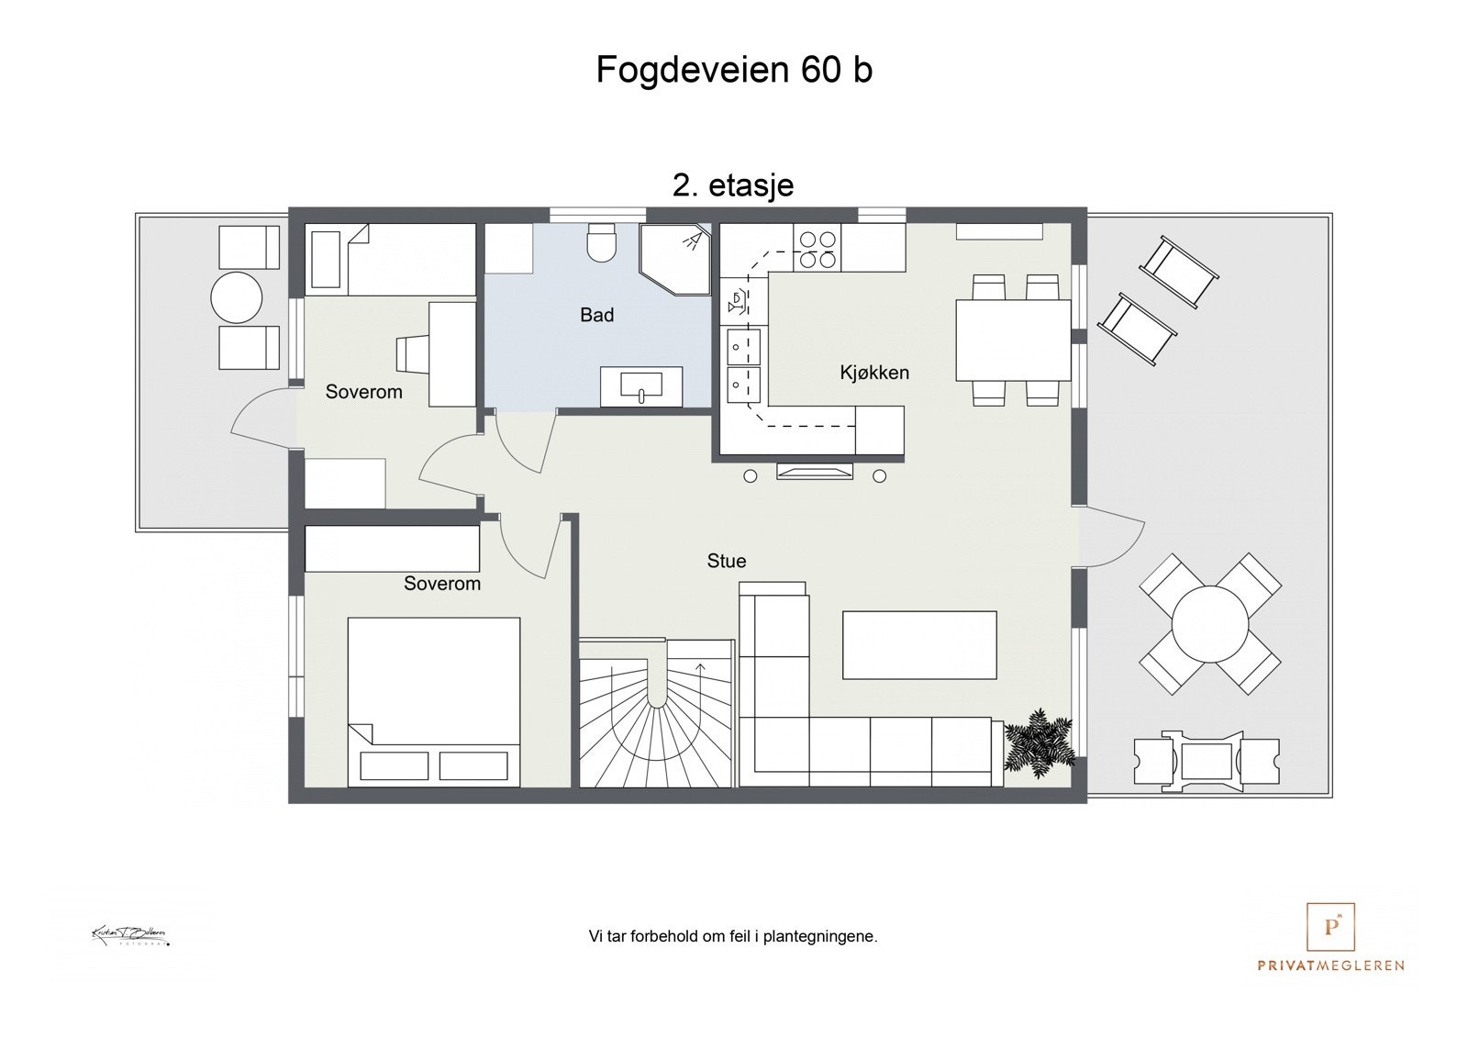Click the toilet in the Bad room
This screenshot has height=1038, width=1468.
[602, 243]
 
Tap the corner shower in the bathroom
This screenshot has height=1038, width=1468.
[676, 259]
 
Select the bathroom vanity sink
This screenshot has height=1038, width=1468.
[641, 385]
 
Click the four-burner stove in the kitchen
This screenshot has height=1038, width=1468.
[817, 249]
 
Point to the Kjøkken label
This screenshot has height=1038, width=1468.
[874, 373]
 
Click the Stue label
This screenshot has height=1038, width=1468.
[726, 561]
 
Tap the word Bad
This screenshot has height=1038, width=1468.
[596, 316]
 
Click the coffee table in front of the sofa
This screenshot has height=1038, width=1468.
[919, 645]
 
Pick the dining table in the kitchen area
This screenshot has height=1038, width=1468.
[1013, 340]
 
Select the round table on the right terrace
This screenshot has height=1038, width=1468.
[1210, 624]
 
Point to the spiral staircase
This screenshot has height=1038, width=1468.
[657, 716]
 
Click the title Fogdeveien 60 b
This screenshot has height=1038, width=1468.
[734, 70]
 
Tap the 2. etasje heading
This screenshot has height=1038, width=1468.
[733, 185]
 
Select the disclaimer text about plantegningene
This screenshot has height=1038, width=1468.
[733, 937]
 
